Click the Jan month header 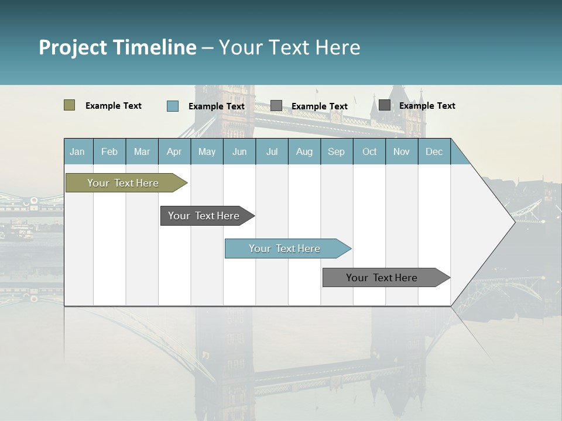pos(77,151)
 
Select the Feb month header pos(109,151)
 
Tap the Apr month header pos(174,151)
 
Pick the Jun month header pos(239,151)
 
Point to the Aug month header pos(304,151)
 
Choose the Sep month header pos(336,151)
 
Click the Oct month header pos(369,151)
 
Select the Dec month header pos(434,151)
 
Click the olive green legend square pos(69,105)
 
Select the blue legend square pos(173,106)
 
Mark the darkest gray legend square pos(385,105)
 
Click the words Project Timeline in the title pos(117,47)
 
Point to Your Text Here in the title pos(289,47)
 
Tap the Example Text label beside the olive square pos(114,106)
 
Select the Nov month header pos(402,151)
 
